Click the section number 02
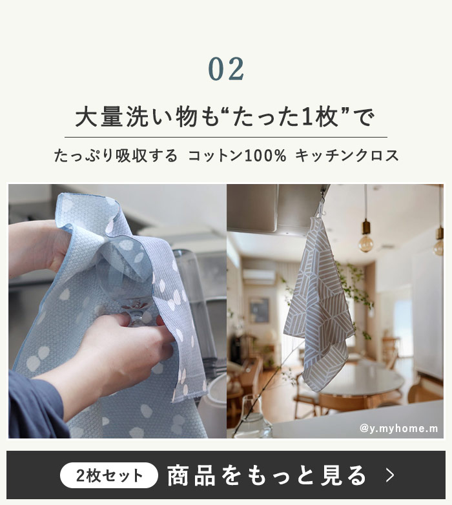pyautogui.click(x=226, y=69)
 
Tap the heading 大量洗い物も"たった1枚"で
pyautogui.click(x=225, y=117)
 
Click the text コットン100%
pyautogui.click(x=237, y=156)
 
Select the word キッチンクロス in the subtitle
pyautogui.click(x=347, y=156)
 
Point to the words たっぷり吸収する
pyautogui.click(x=116, y=156)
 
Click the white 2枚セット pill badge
pyautogui.click(x=109, y=475)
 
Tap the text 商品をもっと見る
pyautogui.click(x=267, y=475)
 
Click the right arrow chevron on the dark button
pyautogui.click(x=390, y=475)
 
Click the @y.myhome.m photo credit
pyautogui.click(x=398, y=429)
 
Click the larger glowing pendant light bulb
pyautogui.click(x=366, y=243)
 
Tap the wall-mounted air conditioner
pyautogui.click(x=259, y=276)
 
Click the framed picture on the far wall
pyautogui.click(x=259, y=310)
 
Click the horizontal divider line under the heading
pyautogui.click(x=226, y=137)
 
